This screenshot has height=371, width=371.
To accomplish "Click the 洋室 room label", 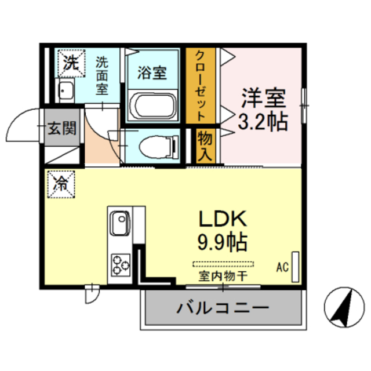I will [263, 98].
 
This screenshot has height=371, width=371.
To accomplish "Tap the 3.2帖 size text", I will [263, 121].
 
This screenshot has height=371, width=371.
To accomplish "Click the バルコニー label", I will [222, 307].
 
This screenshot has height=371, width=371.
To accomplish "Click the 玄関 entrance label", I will [62, 128].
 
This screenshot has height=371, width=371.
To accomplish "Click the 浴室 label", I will [152, 74].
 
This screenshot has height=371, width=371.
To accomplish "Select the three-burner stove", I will [120, 263].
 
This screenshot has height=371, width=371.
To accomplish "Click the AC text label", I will [282, 267].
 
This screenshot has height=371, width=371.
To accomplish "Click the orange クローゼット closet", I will [200, 85].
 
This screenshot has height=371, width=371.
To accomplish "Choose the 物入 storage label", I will [205, 146].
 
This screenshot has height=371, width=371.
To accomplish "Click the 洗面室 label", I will [102, 75].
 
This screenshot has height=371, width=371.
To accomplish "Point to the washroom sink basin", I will [65, 91].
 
